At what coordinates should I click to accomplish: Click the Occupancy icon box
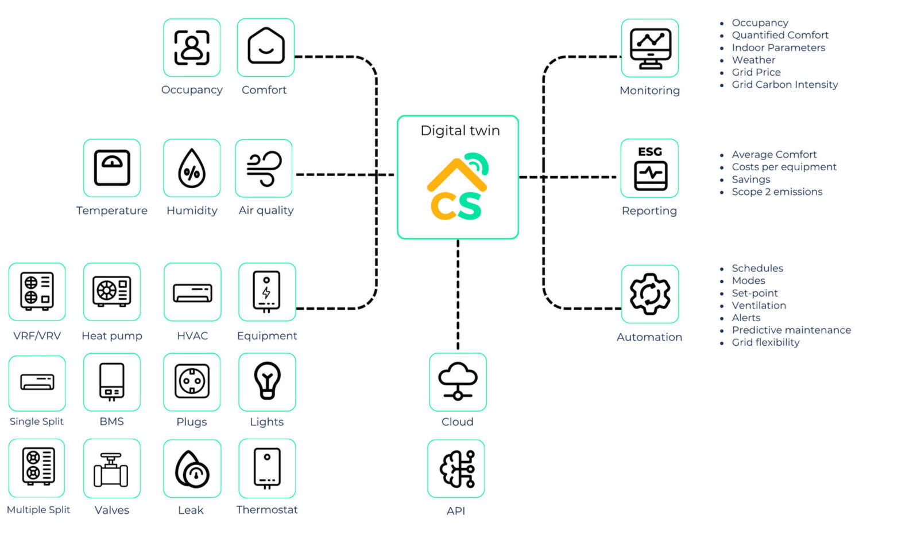(x=192, y=48)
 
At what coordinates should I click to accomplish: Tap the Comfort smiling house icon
(x=266, y=48)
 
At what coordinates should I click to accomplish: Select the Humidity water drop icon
(x=192, y=168)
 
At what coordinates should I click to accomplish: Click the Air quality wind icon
(x=264, y=168)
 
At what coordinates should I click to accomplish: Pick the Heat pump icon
(x=112, y=291)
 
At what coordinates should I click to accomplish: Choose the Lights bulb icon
(x=267, y=381)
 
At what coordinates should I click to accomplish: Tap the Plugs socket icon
(x=192, y=381)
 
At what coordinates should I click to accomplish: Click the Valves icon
(x=111, y=468)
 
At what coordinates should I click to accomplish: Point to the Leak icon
(x=192, y=468)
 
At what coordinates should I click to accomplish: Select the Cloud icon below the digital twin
(x=458, y=381)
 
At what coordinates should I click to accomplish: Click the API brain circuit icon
(x=456, y=468)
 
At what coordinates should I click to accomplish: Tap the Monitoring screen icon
(x=650, y=48)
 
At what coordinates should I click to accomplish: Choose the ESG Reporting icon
(x=650, y=168)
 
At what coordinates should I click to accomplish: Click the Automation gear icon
(x=650, y=294)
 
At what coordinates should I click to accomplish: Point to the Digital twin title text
(x=460, y=131)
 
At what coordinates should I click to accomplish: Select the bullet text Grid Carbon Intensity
(x=784, y=85)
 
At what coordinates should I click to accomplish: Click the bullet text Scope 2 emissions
(x=777, y=192)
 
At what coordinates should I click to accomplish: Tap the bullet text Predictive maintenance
(x=791, y=330)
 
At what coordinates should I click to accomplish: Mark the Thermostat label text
(x=267, y=510)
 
